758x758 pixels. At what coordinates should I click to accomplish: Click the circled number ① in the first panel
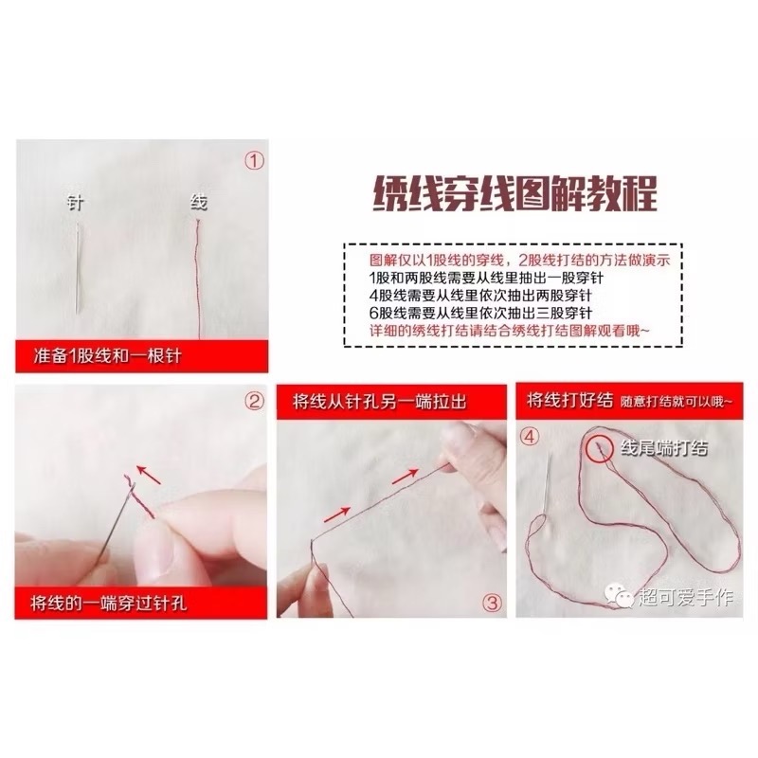255,161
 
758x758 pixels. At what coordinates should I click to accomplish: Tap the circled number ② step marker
255,401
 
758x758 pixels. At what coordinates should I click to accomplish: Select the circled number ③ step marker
492,603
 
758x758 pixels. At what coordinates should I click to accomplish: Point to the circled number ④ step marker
530,437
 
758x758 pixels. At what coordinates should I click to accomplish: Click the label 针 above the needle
76,203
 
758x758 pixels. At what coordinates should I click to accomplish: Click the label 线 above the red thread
199,202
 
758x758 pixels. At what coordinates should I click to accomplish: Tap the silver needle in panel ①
78,266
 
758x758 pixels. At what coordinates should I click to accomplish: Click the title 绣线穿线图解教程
515,193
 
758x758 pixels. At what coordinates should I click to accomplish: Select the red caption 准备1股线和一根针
107,356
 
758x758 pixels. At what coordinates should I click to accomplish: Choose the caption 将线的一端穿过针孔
108,603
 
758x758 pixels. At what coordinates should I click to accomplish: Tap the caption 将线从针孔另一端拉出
380,401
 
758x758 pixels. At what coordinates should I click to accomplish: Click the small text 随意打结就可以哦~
677,402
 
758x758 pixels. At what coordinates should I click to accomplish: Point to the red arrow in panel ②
149,474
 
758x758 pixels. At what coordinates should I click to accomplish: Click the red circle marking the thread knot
600,449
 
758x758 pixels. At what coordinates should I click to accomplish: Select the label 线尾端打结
664,448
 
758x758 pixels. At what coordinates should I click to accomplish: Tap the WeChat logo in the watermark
619,596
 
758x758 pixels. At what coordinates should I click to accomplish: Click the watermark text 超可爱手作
685,597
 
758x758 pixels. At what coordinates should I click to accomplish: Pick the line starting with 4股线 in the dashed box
480,296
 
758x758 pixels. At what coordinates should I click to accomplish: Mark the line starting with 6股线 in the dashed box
480,313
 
